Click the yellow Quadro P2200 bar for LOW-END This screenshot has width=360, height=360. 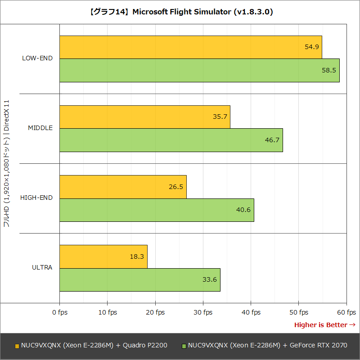tap(190, 47)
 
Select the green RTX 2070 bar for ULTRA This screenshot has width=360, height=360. tap(139, 280)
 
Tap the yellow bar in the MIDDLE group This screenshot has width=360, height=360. tap(144, 117)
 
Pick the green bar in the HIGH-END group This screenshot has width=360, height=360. tap(157, 210)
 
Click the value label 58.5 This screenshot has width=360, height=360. tap(328, 70)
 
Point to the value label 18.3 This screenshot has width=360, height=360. tap(137, 256)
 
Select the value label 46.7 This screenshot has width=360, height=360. tap(272, 140)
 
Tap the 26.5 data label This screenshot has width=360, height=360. tap(175, 187)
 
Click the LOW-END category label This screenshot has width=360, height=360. tap(37, 58)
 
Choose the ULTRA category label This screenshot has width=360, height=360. tap(42, 267)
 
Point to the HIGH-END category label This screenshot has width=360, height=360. tap(36, 198)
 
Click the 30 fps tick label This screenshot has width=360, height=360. tap(202, 312)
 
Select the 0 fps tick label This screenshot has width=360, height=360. tap(59, 312)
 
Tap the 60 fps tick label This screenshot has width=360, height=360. tap(346, 312)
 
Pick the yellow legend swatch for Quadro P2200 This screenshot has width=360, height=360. tap(17, 346)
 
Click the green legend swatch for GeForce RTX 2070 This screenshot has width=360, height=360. tap(184, 346)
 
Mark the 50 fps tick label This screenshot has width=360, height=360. tap(298, 312)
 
